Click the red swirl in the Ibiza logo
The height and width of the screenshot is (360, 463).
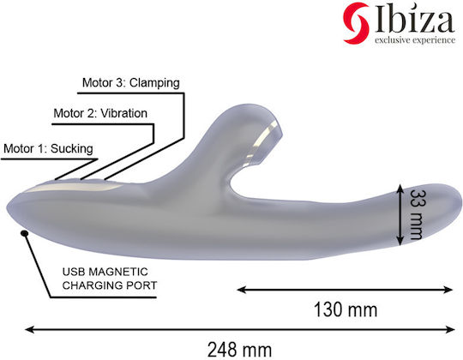(x=356, y=23)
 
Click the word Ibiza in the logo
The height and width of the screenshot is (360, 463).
(x=415, y=20)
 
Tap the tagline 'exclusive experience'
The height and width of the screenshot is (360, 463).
(x=415, y=39)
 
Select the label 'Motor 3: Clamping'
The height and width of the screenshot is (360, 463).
(x=131, y=83)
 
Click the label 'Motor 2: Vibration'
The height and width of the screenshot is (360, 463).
(x=100, y=113)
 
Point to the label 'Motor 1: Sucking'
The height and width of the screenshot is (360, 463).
(x=48, y=149)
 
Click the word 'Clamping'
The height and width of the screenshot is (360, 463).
(x=154, y=83)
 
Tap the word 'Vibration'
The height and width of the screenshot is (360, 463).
(x=124, y=113)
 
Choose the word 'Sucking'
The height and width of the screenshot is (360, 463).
(x=72, y=149)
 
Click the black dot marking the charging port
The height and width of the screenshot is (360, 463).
(x=25, y=233)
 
